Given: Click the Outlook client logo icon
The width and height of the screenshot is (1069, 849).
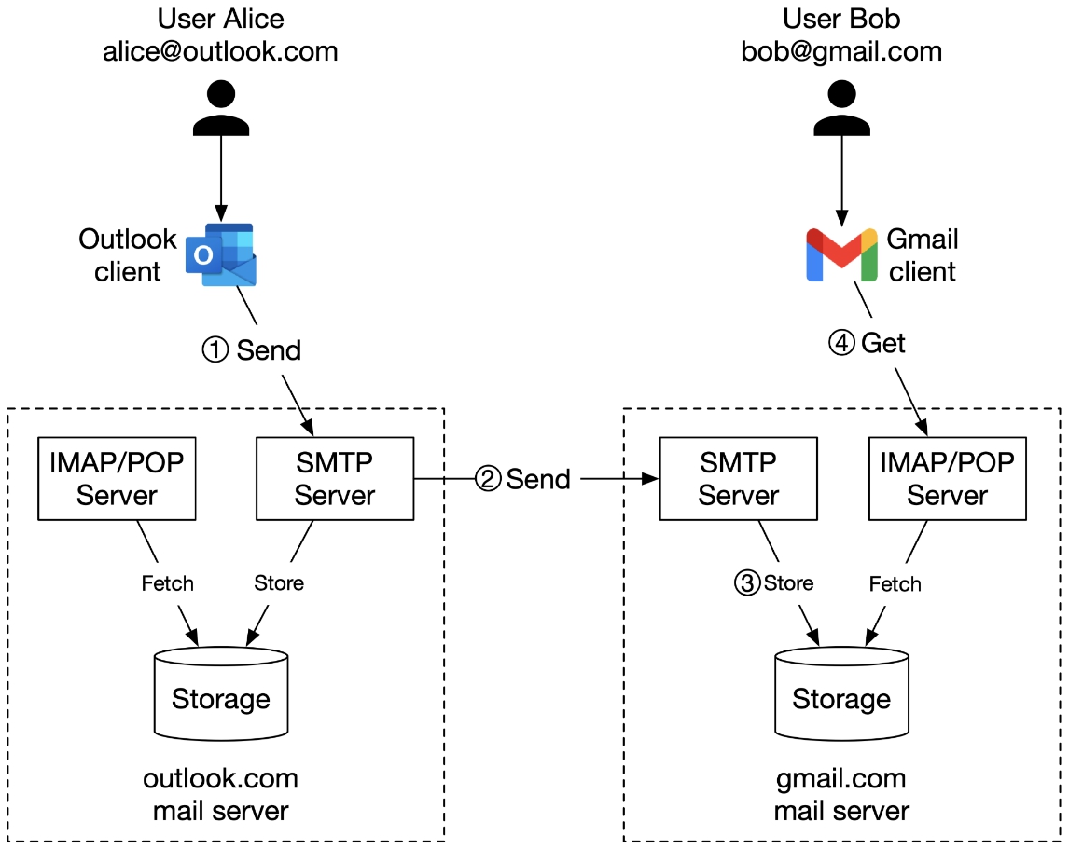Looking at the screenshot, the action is [221, 254].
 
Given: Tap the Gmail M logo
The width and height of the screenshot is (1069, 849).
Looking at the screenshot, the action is [841, 254].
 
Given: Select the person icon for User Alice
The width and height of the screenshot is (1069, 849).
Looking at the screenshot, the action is [221, 108].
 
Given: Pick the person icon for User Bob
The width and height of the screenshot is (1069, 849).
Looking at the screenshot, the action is [841, 108].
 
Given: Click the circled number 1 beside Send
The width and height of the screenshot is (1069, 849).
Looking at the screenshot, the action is [215, 350].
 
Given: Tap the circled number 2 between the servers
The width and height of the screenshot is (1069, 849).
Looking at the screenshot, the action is [488, 479].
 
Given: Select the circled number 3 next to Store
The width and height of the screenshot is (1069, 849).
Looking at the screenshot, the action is [747, 583].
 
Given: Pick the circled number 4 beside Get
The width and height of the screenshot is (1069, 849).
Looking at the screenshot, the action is [842, 343].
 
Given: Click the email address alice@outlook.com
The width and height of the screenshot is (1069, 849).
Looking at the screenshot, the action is [220, 52].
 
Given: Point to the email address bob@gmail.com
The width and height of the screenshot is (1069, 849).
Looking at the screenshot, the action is [841, 52].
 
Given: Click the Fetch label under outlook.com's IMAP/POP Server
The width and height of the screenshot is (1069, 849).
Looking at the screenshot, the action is [168, 583].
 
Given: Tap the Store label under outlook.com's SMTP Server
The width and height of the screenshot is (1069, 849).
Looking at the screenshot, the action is [279, 583].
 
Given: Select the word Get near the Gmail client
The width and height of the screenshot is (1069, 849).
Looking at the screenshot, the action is [883, 343].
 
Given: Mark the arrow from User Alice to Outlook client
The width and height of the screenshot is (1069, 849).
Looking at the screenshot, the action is [221, 179].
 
